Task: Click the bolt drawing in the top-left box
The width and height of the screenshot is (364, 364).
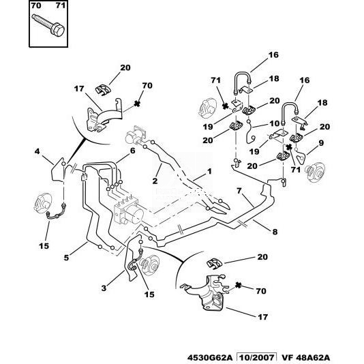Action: coord(48,25)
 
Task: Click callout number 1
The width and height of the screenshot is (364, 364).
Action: coord(209,172)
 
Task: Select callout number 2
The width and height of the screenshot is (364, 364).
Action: coord(155,181)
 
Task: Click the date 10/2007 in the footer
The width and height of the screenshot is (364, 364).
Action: coord(256,358)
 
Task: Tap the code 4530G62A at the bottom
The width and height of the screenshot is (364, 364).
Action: coord(211,358)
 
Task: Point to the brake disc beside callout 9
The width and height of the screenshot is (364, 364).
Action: coord(315,172)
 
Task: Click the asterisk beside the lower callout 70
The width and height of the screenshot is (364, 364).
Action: coord(238,286)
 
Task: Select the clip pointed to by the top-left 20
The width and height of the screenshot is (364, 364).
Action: coord(104,89)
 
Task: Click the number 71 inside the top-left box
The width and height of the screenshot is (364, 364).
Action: coord(61,5)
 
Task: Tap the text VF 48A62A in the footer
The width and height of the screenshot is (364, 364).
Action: coord(305,358)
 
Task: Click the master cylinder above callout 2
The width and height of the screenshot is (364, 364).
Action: coord(135,136)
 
